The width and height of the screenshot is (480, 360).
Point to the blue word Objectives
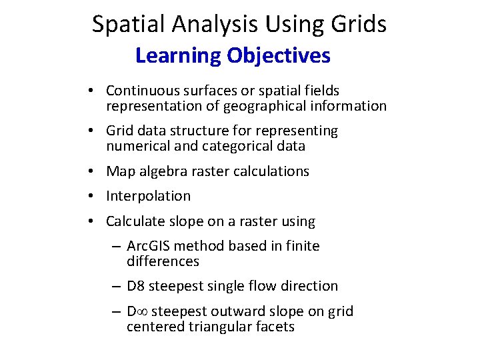pos(279,55)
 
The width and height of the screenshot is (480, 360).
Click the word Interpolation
pos(148,196)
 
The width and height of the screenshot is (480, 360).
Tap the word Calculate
pos(133,221)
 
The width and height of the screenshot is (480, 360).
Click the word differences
pos(163,261)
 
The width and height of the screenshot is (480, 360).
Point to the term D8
pos(135,286)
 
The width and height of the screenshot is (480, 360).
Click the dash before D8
pos(116,287)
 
